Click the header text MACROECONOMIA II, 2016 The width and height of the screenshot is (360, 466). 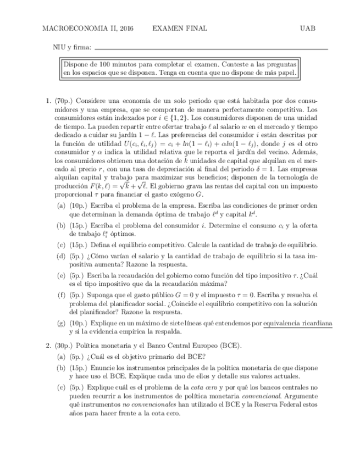tap(88, 28)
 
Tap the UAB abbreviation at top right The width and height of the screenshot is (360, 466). tap(308, 28)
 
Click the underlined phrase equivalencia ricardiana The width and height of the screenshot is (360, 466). tap(297, 324)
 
